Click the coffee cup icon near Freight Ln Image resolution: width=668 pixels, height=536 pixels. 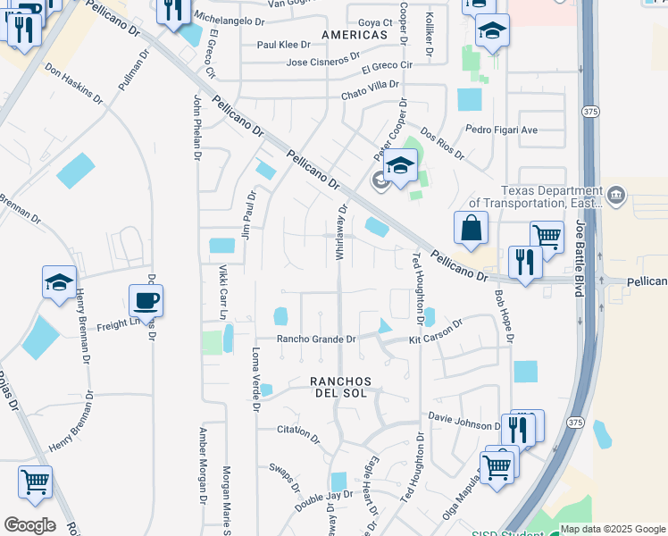click(x=146, y=301)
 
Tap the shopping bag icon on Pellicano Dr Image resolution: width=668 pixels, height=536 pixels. click(x=471, y=228)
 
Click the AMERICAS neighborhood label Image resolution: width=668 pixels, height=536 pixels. click(x=355, y=35)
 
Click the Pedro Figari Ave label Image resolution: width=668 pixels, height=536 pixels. click(x=502, y=130)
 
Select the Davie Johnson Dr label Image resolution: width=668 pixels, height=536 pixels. click(x=464, y=420)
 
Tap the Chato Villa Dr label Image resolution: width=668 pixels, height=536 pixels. click(x=370, y=89)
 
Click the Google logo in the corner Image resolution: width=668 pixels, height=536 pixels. click(x=29, y=525)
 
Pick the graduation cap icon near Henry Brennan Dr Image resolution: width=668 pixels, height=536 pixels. click(x=60, y=283)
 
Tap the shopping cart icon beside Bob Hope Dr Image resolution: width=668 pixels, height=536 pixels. click(x=547, y=238)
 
